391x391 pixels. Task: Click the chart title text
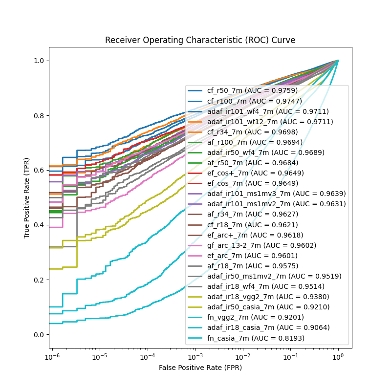point(200,40)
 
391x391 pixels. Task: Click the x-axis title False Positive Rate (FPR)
point(200,368)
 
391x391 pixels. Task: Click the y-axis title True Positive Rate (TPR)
point(27,197)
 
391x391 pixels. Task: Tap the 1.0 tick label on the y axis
point(39,61)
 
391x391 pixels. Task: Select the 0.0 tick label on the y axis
point(39,335)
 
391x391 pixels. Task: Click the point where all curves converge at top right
point(338,61)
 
